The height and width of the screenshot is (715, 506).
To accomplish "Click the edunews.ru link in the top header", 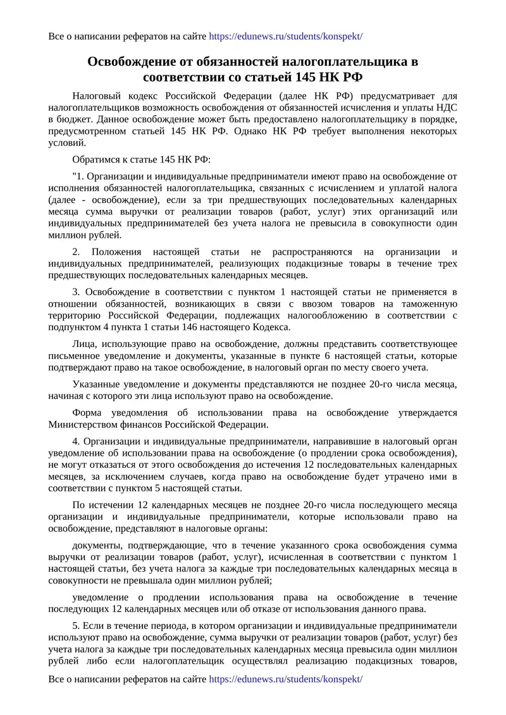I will pyautogui.click(x=285, y=36).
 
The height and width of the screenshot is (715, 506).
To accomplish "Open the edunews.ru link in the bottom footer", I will pyautogui.click(x=285, y=679).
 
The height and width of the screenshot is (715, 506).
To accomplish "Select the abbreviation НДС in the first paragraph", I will pyautogui.click(x=446, y=107).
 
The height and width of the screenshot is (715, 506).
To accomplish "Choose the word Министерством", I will pyautogui.click(x=85, y=424).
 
